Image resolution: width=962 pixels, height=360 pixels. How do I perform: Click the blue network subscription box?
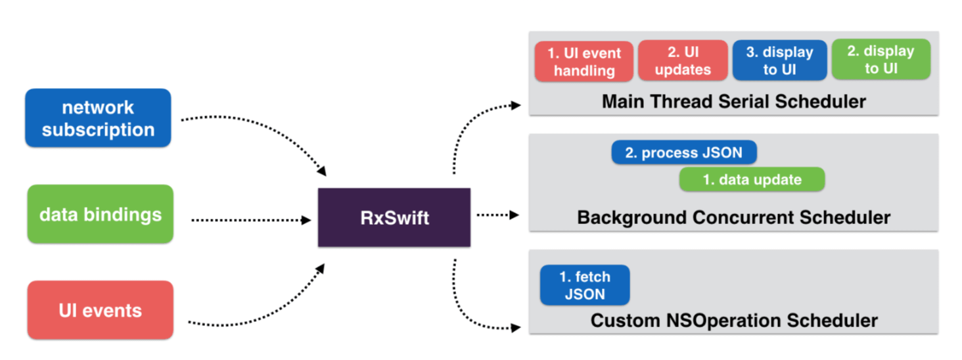coord(98,118)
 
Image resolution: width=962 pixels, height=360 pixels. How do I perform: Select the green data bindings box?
coord(101,214)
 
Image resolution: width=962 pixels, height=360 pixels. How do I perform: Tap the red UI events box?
coord(101,310)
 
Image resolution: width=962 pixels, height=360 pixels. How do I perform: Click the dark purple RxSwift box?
coord(394,217)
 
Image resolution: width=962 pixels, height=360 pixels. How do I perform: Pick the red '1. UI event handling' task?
coord(584,62)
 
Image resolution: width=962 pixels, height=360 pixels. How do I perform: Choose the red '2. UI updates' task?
coord(683,60)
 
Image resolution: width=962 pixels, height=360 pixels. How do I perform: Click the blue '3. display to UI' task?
coord(779,60)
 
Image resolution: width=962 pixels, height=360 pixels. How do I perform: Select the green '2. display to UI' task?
coord(881,59)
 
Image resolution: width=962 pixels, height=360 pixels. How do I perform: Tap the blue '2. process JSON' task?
coord(683,152)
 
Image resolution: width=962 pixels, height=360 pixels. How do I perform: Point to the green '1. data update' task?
coord(752,179)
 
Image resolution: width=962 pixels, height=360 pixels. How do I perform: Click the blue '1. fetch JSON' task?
coord(585,285)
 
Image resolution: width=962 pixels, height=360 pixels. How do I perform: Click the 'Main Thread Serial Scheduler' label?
coord(733,102)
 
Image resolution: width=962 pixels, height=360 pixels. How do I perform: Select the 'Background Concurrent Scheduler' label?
coord(733,217)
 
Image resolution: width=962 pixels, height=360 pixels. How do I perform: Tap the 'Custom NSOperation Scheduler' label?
coord(734,321)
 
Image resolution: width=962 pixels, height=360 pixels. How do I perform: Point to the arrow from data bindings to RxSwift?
coord(251,220)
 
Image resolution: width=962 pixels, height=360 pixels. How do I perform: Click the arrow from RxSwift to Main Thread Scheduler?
coord(467,125)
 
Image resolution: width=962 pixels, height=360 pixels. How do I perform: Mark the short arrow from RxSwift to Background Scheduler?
coord(498,215)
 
